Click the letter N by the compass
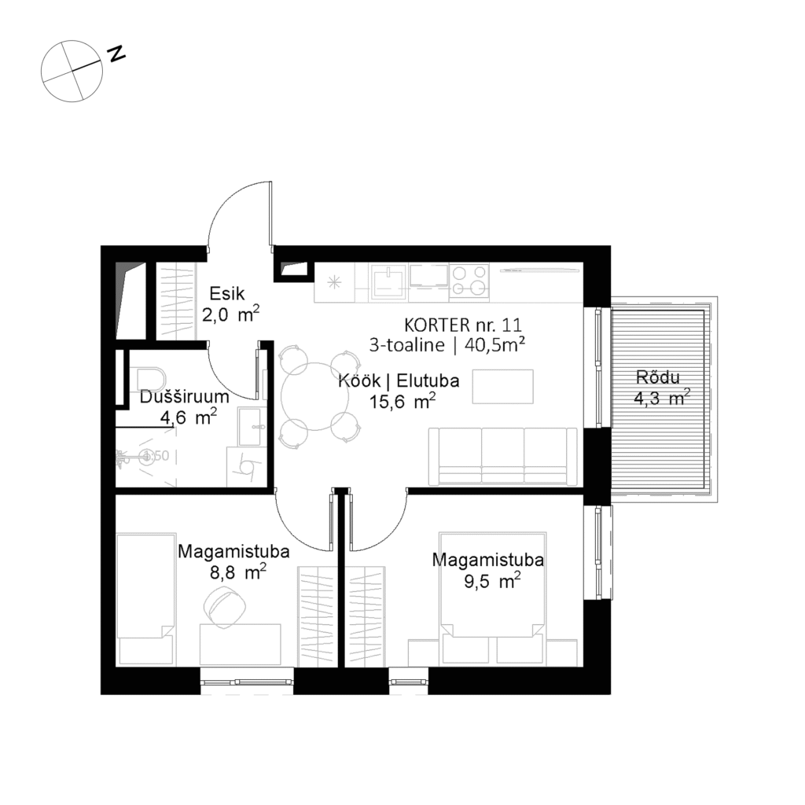click(x=117, y=54)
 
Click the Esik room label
click(x=227, y=294)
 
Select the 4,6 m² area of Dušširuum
click(x=189, y=417)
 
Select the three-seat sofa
click(x=502, y=456)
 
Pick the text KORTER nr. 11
click(x=462, y=324)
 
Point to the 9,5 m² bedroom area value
click(x=487, y=582)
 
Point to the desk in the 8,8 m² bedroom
click(x=241, y=645)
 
